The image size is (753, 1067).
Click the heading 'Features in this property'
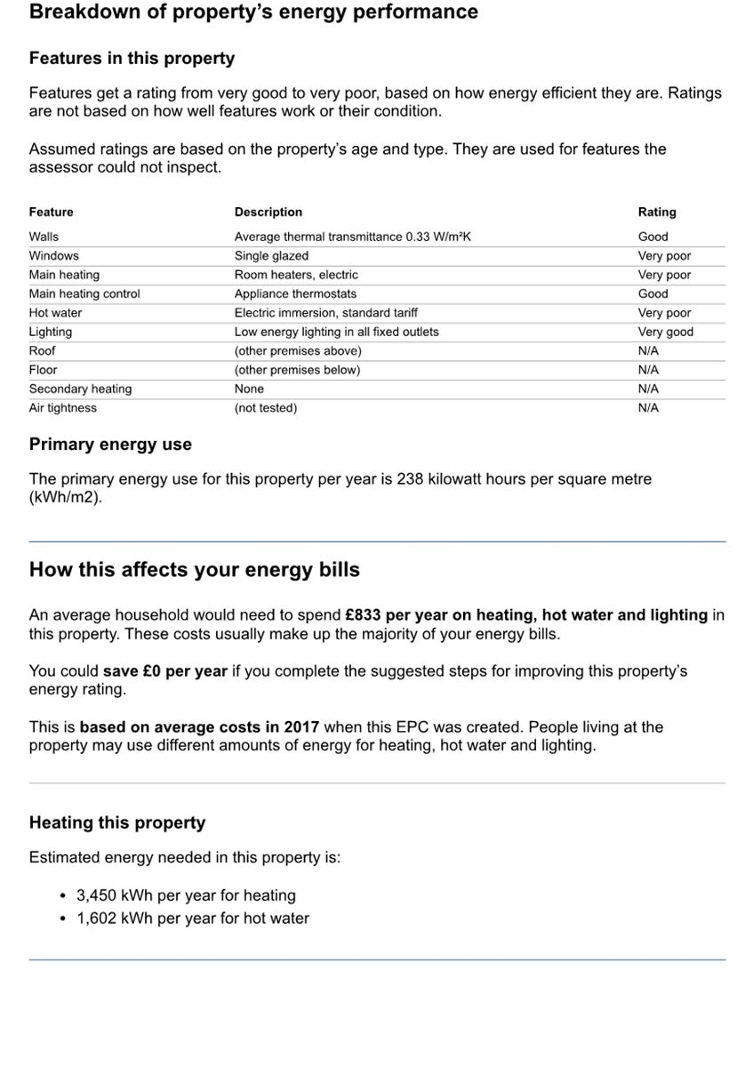pyautogui.click(x=132, y=59)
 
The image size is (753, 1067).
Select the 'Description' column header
pyautogui.click(x=268, y=213)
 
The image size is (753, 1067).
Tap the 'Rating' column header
pyautogui.click(x=656, y=213)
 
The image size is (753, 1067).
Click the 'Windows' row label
pyautogui.click(x=53, y=256)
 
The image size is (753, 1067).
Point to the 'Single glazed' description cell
pyautogui.click(x=271, y=256)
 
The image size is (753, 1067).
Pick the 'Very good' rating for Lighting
pyautogui.click(x=665, y=332)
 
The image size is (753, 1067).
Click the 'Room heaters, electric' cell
pyautogui.click(x=296, y=275)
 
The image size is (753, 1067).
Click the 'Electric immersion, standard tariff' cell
pyautogui.click(x=325, y=313)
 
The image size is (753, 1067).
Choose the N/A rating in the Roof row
pyautogui.click(x=648, y=350)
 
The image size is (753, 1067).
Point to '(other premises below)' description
pyautogui.click(x=297, y=370)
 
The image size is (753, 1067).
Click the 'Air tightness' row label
pyautogui.click(x=62, y=408)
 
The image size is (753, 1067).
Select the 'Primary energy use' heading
pyautogui.click(x=110, y=445)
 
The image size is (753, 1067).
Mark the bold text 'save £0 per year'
pyautogui.click(x=165, y=671)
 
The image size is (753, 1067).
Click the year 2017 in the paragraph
pyautogui.click(x=301, y=727)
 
